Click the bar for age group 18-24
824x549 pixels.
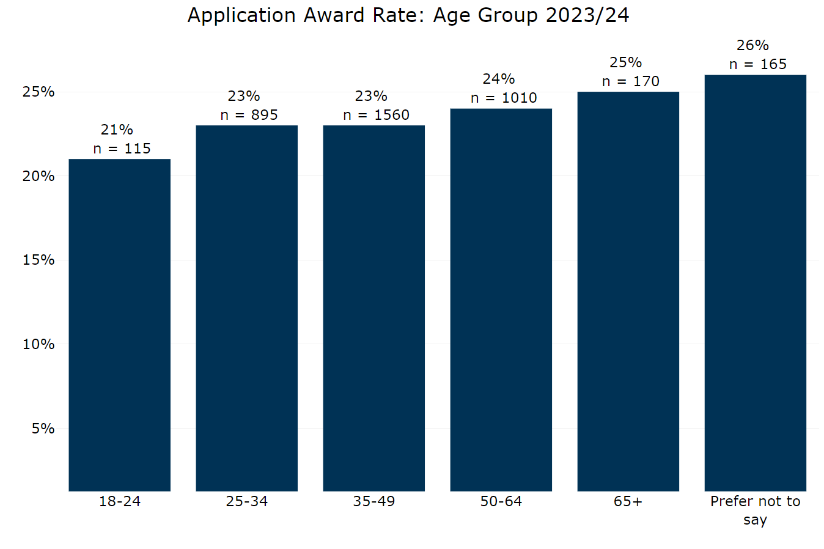[119, 324]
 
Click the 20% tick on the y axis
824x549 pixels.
[39, 176]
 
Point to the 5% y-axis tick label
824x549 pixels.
[43, 429]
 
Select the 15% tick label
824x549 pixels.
[39, 260]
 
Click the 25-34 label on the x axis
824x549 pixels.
[246, 501]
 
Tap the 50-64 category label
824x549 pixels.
[501, 501]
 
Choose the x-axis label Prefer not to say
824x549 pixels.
[755, 510]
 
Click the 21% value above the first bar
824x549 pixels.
[117, 130]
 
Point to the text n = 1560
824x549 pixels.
[376, 115]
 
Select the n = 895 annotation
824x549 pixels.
[249, 115]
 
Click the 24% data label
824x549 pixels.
[498, 79]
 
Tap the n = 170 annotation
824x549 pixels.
[630, 81]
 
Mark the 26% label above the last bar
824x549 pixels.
[752, 45]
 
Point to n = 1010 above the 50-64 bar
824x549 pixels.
[503, 98]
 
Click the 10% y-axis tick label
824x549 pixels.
[39, 344]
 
